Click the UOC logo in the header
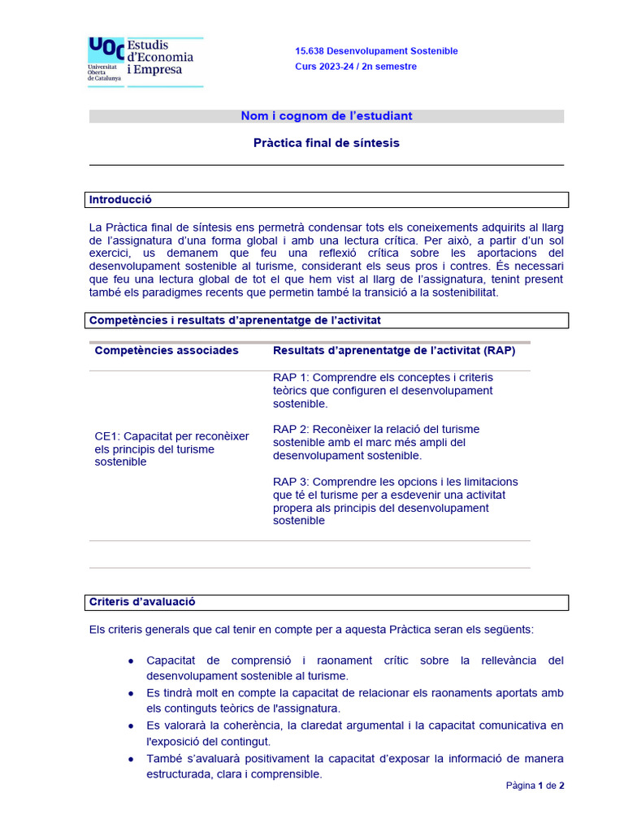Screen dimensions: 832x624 pos(106,49)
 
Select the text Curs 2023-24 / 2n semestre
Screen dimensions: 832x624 pos(355,67)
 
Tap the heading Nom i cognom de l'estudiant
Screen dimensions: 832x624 pos(326,116)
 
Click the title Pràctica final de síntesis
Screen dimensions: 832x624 pos(326,143)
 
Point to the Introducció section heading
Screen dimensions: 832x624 pos(120,200)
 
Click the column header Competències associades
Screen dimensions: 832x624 pos(167,351)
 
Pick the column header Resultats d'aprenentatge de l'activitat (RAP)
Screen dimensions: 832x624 pos(394,351)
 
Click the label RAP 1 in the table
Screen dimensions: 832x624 pos(290,378)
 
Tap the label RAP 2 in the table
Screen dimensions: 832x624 pos(290,430)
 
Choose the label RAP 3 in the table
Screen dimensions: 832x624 pos(290,482)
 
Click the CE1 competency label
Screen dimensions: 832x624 pos(107,436)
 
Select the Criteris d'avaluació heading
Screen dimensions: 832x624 pos(142,602)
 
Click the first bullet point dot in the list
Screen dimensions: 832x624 pos(132,661)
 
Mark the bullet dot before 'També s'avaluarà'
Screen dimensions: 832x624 pos(132,759)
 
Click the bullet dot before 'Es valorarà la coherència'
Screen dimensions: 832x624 pos(132,726)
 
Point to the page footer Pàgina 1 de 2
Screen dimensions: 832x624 pos(535,786)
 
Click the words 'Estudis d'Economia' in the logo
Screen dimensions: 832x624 pos(160,50)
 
